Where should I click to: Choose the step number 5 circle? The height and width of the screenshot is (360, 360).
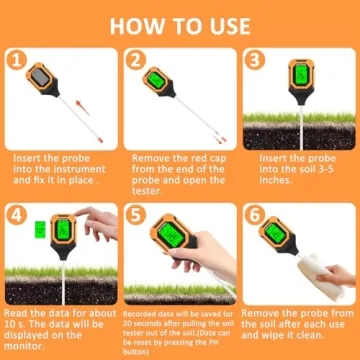(x=137, y=213)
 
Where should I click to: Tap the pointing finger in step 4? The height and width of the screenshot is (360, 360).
(x=84, y=218)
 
